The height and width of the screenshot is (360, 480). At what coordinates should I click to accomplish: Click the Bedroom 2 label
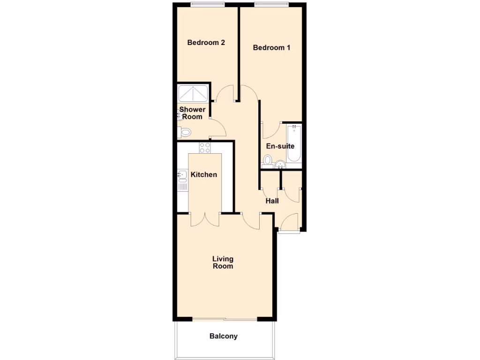pyautogui.click(x=206, y=43)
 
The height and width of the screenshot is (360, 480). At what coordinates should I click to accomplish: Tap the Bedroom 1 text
pyautogui.click(x=271, y=47)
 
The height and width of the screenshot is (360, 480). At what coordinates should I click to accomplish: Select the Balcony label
pyautogui.click(x=224, y=336)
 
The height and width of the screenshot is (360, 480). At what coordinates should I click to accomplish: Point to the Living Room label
pyautogui.click(x=223, y=262)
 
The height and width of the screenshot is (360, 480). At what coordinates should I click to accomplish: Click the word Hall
pyautogui.click(x=272, y=201)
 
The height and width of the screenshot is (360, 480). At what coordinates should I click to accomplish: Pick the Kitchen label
pyautogui.click(x=204, y=175)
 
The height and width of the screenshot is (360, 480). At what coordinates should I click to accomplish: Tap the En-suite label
pyautogui.click(x=280, y=146)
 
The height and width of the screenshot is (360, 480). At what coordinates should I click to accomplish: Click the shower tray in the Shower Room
pyautogui.click(x=193, y=94)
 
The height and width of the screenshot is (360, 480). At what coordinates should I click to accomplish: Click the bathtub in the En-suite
pyautogui.click(x=294, y=143)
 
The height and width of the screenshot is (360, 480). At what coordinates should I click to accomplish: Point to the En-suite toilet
pyautogui.click(x=268, y=161)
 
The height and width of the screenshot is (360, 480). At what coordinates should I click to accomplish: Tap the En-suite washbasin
pyautogui.click(x=280, y=164)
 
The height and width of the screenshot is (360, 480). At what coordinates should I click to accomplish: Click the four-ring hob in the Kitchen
pyautogui.click(x=205, y=148)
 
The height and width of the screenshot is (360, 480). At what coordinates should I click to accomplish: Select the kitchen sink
pyautogui.click(x=182, y=176)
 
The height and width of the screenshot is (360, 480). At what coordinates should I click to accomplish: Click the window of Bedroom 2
pyautogui.click(x=208, y=5)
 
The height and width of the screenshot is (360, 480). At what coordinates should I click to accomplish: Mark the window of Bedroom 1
pyautogui.click(x=271, y=5)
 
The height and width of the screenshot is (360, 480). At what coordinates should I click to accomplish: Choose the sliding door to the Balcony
pyautogui.click(x=225, y=320)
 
